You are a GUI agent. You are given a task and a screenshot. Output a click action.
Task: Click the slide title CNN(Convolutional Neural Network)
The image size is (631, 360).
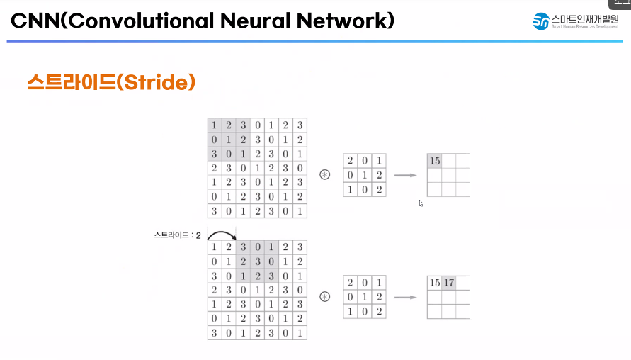point(203,21)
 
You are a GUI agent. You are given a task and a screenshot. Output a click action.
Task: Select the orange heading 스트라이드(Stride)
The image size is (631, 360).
point(110,82)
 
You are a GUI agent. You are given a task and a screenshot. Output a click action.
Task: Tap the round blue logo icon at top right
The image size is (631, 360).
point(542,21)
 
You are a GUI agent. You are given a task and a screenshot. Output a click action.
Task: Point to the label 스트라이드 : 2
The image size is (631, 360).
point(177,234)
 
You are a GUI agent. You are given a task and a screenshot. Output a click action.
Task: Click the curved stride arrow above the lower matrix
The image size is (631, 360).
point(221,235)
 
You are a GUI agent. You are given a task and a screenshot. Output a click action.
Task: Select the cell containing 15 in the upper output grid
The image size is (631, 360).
point(435,161)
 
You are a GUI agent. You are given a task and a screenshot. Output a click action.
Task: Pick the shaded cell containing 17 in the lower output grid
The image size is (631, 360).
point(449,283)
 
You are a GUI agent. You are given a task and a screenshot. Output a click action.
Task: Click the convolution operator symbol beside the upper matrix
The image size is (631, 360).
point(325,174)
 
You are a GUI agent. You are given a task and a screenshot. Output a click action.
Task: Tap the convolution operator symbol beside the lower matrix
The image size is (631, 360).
point(325,296)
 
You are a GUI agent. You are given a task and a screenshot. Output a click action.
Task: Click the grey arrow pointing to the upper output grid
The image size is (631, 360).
point(405,174)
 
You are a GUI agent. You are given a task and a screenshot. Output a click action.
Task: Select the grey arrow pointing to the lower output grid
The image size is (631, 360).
point(405,296)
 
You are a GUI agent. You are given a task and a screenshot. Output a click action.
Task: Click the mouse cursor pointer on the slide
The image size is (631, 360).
point(421,203)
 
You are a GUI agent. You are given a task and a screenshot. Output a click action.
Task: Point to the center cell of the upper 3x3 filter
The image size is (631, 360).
point(365,175)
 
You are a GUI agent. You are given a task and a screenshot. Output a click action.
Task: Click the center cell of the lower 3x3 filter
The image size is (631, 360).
point(365,297)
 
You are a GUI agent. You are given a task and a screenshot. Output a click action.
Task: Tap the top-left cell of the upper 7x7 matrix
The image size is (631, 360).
point(215,125)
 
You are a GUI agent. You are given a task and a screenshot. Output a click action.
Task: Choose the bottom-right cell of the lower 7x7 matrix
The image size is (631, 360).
point(300,332)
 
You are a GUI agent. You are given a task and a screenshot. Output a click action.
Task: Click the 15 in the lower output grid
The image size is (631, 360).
point(435,283)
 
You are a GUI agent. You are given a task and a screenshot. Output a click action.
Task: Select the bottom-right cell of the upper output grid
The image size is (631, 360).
point(462,189)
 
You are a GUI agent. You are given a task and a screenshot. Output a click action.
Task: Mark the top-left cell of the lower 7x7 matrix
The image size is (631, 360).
point(215,247)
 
